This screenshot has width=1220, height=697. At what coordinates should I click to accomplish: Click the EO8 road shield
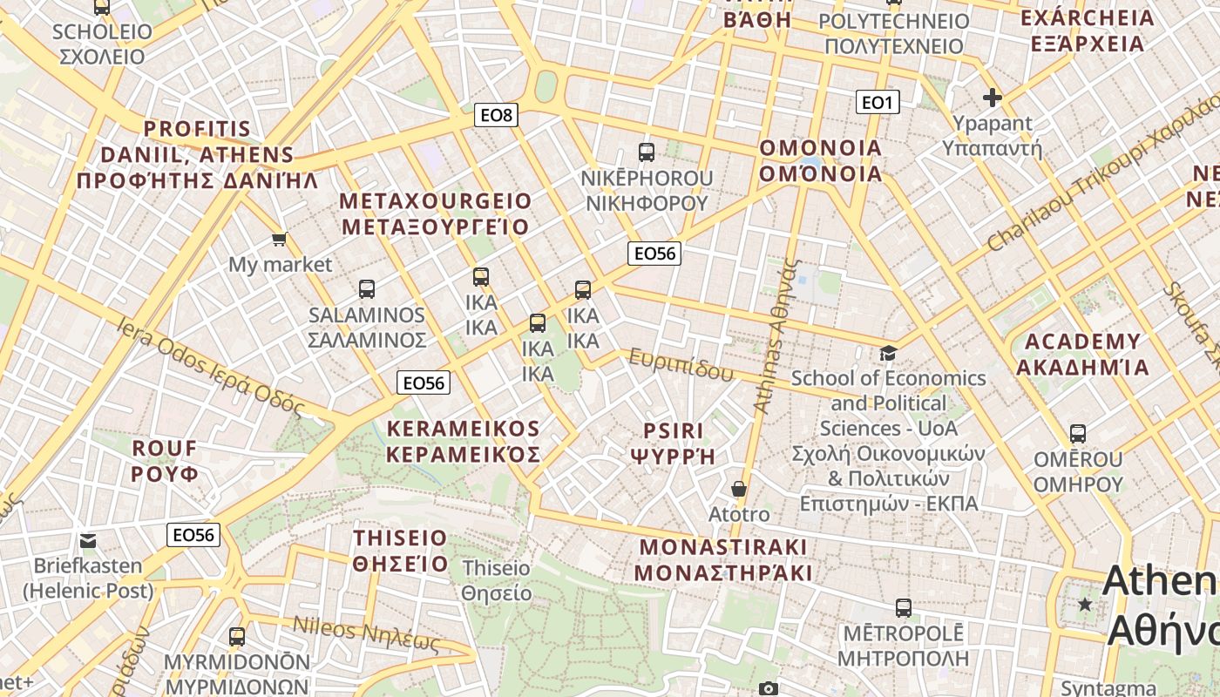click(497, 114)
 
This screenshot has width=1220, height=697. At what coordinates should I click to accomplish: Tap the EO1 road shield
click(878, 103)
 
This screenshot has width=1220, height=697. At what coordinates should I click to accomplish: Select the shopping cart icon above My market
click(279, 239)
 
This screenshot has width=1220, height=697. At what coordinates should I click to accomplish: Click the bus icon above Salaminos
click(367, 288)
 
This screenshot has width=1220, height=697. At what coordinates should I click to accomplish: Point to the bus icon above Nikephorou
click(647, 152)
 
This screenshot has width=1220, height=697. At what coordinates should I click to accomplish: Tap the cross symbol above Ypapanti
click(992, 98)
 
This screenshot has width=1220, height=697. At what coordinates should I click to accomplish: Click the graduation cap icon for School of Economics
click(888, 353)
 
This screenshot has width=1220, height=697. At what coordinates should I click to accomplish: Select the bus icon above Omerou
click(1078, 433)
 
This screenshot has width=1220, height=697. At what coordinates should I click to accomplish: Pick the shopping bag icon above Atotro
click(739, 489)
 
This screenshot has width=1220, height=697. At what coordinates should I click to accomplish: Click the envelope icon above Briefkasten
click(88, 540)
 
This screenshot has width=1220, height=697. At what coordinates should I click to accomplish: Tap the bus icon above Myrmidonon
click(237, 636)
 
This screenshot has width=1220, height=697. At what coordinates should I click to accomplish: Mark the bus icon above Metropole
click(904, 607)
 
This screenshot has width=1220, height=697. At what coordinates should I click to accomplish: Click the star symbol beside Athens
click(1085, 604)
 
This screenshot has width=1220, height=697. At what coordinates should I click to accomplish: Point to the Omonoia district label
click(821, 160)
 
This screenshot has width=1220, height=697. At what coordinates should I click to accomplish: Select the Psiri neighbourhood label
click(673, 443)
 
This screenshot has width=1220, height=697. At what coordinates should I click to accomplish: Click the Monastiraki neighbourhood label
click(723, 559)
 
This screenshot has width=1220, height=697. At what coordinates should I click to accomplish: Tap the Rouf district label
click(165, 461)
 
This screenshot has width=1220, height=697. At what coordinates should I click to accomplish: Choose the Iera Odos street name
click(210, 366)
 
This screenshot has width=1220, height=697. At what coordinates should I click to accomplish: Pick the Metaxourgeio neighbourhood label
click(435, 213)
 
